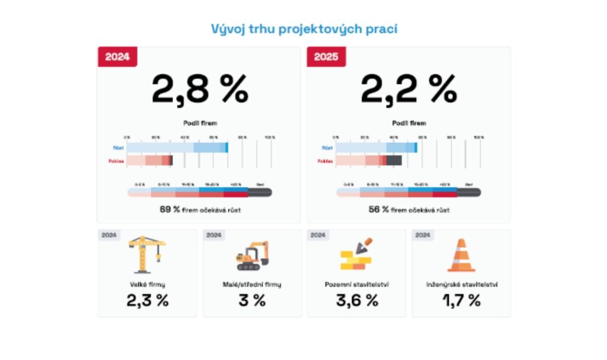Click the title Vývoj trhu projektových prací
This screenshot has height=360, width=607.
point(303,28)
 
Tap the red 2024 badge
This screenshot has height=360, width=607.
point(117,57)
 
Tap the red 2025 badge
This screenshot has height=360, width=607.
point(327,57)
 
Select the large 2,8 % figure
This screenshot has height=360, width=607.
point(199,90)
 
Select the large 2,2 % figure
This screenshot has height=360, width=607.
point(408,90)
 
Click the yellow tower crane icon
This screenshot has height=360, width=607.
point(147,254)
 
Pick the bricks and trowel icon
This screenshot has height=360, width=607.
point(356,255)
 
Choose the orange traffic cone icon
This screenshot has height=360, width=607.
point(461,255)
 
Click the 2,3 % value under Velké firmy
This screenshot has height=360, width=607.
point(147,300)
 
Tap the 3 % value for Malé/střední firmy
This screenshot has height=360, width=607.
point(252,300)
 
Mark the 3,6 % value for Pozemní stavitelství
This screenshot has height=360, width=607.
point(356,300)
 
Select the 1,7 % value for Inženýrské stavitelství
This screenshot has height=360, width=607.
point(461,300)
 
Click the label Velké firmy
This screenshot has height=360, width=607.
point(147,284)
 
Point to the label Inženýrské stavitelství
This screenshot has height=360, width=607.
point(461,284)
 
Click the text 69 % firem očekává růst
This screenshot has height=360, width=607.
point(199,209)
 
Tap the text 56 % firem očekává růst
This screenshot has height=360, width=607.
point(408,209)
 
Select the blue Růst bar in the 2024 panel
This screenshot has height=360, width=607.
point(177,148)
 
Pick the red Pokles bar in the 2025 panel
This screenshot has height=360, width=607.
point(368,160)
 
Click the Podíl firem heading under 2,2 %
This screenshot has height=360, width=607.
point(408,123)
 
